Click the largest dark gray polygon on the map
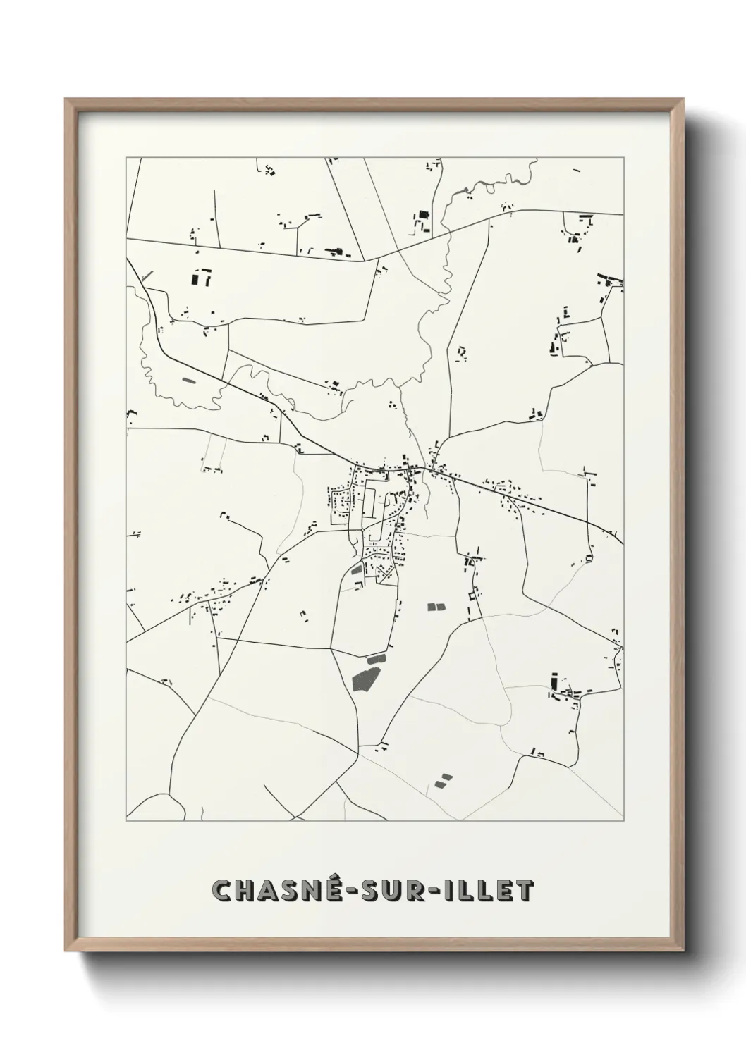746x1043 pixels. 365,677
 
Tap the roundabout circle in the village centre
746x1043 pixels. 362,529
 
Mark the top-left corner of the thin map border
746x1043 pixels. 126,158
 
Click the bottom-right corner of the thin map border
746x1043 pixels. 623,821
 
